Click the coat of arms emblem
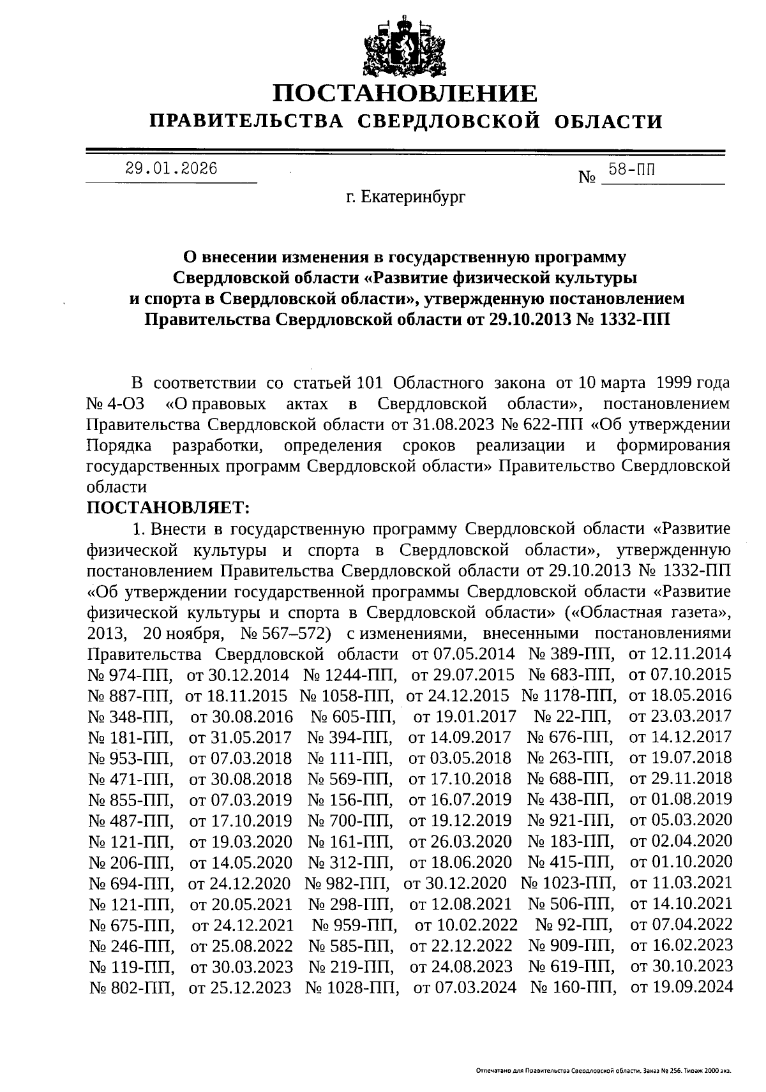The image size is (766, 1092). click(405, 47)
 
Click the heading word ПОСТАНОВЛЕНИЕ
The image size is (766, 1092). click(405, 94)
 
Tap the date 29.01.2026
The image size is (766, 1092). click(171, 168)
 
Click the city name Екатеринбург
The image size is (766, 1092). click(406, 197)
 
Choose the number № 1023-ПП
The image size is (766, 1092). click(569, 883)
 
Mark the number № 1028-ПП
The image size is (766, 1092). click(352, 987)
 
